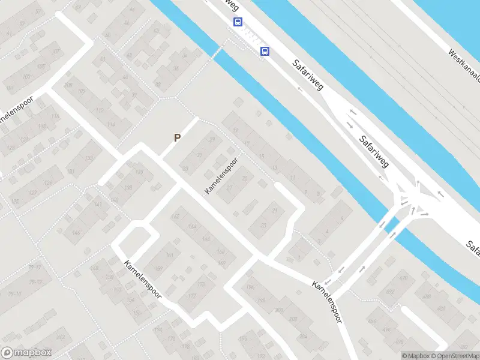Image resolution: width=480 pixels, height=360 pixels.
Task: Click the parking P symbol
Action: coord(177,138)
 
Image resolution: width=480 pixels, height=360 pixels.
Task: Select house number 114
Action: coord(110,124)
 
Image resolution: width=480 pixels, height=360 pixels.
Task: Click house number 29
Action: coord(211,140)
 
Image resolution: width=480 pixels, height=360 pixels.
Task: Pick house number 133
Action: coord(89,158)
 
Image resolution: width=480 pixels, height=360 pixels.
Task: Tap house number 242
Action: coord(60,337)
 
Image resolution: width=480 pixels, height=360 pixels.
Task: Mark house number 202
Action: coord(293,319)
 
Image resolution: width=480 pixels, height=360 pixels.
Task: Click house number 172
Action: coord(191,296)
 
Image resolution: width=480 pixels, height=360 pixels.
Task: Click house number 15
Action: coord(261,157)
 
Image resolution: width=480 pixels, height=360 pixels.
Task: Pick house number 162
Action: coord(175,216)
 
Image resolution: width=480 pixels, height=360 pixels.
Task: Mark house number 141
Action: coord(98,205)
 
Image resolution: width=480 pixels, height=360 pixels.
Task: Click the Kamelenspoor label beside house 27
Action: coord(221,176)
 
